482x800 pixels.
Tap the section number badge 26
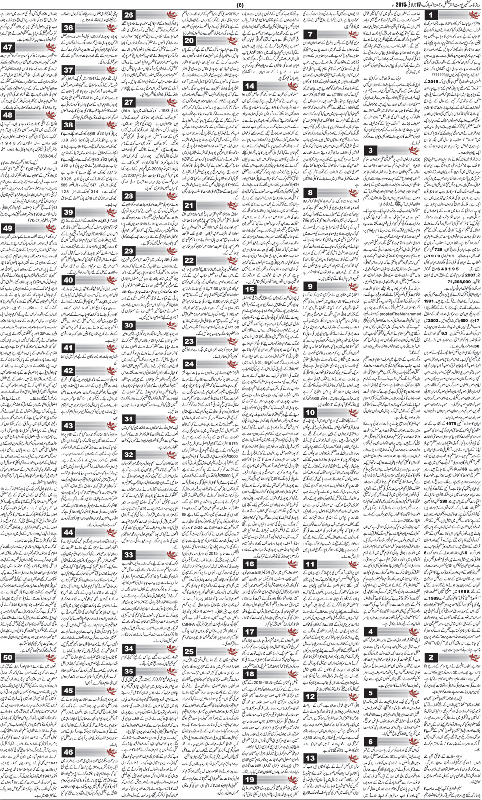(x=129, y=15)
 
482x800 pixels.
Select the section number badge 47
(x=8, y=48)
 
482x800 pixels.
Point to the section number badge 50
(x=8, y=658)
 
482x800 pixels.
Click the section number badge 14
(x=250, y=86)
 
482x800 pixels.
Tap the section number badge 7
(x=311, y=34)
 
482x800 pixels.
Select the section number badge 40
(x=68, y=280)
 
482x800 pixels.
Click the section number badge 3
(x=371, y=151)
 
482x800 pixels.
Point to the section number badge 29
(x=129, y=251)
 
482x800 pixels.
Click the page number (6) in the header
(x=240, y=4)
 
